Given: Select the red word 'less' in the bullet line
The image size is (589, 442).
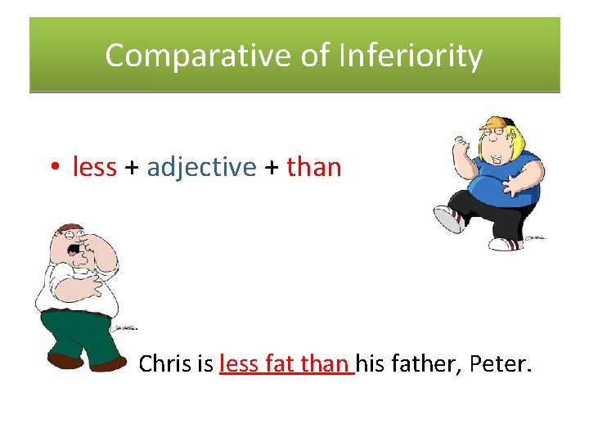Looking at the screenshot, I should (94, 167).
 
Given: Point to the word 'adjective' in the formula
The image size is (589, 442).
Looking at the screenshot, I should (201, 167).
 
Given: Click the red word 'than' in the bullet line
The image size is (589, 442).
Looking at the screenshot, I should (313, 167).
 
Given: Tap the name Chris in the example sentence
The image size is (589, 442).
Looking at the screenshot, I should (164, 363).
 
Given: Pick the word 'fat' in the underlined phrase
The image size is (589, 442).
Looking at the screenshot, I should (279, 363).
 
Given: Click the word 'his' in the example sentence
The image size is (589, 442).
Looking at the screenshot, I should (371, 363).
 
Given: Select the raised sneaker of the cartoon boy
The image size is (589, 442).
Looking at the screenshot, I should (448, 219).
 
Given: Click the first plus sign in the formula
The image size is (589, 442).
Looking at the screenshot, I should (131, 168).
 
